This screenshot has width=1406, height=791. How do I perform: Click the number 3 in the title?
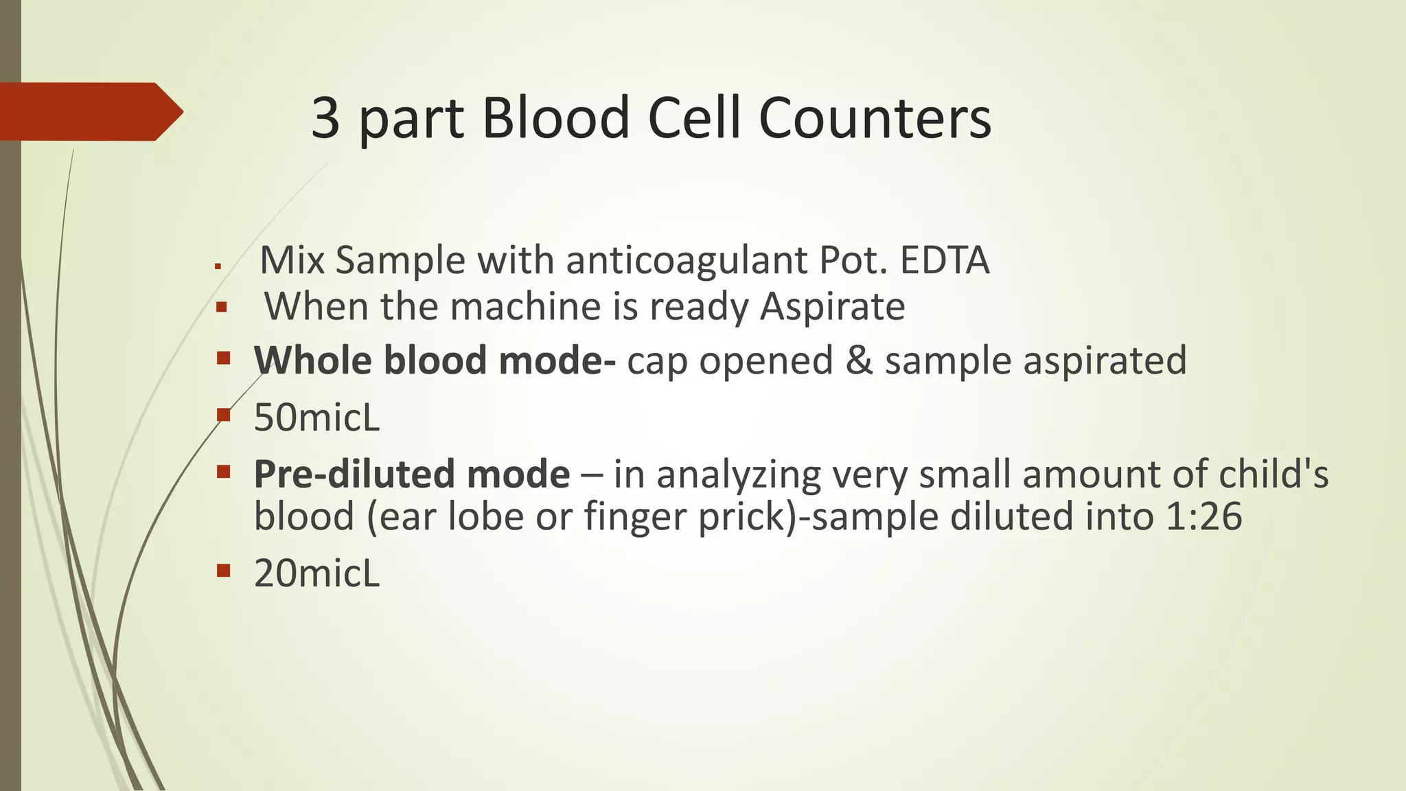[x=326, y=117]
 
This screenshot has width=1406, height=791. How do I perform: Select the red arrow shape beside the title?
[x=89, y=112]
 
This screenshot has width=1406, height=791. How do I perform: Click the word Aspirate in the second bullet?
[x=832, y=306]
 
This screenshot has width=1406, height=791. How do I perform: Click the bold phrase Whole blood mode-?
[x=435, y=360]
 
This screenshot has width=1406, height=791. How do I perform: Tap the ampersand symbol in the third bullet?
[x=859, y=360]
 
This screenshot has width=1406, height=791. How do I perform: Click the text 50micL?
[x=316, y=417]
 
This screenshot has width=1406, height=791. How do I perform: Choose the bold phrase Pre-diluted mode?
[x=411, y=474]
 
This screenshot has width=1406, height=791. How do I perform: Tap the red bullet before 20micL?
[x=222, y=570]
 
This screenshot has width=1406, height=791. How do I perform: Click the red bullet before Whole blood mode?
[x=222, y=358]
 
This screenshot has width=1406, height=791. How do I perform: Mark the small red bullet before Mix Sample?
[x=218, y=266]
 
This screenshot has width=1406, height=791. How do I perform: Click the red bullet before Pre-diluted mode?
[x=222, y=471]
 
